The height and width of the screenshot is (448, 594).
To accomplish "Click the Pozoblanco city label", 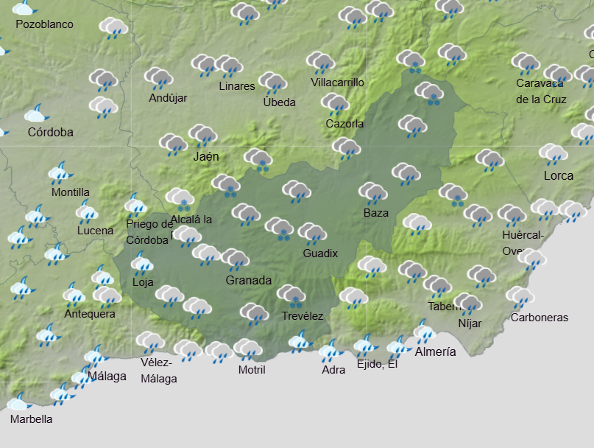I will (44, 24).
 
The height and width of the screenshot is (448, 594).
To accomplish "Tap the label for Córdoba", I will (50, 133).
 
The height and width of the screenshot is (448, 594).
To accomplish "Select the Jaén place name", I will (206, 156).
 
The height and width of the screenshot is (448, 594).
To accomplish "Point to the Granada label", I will (248, 280).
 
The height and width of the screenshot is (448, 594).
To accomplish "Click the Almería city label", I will (435, 351).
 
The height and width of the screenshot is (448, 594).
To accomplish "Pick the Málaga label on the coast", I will (107, 376).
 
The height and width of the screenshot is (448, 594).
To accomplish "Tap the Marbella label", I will (31, 419).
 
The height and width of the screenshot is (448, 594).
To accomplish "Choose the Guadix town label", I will (320, 253).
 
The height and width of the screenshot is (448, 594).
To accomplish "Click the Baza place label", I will (375, 213).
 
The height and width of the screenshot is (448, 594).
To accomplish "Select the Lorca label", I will (558, 175).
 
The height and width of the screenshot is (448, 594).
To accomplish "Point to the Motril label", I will (252, 369).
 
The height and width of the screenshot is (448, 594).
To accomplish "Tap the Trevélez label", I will (302, 315).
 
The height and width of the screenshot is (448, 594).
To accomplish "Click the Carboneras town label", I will (540, 318).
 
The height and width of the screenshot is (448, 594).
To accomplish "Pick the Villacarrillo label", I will (337, 83).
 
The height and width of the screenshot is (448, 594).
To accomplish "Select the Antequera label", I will (90, 313).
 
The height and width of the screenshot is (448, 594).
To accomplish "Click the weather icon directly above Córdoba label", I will (36, 114).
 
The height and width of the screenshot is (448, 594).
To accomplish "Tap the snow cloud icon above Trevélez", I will (291, 296).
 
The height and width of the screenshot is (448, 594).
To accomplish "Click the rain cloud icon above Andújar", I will (158, 77).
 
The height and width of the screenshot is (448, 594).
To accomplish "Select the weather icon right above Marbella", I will (18, 402).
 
